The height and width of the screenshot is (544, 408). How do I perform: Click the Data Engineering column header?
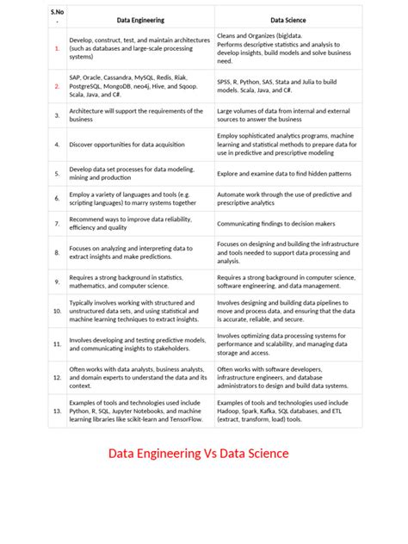pos(140,18)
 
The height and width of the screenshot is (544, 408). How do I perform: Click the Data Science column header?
pos(288,18)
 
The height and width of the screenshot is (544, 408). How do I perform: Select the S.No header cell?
pos(57,15)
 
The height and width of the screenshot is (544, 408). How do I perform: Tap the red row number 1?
pos(57,48)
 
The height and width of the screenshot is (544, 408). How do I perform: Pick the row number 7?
pos(57,223)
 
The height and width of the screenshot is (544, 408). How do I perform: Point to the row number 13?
pos(57,412)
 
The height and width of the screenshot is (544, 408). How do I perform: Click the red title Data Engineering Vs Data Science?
pos(198,454)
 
